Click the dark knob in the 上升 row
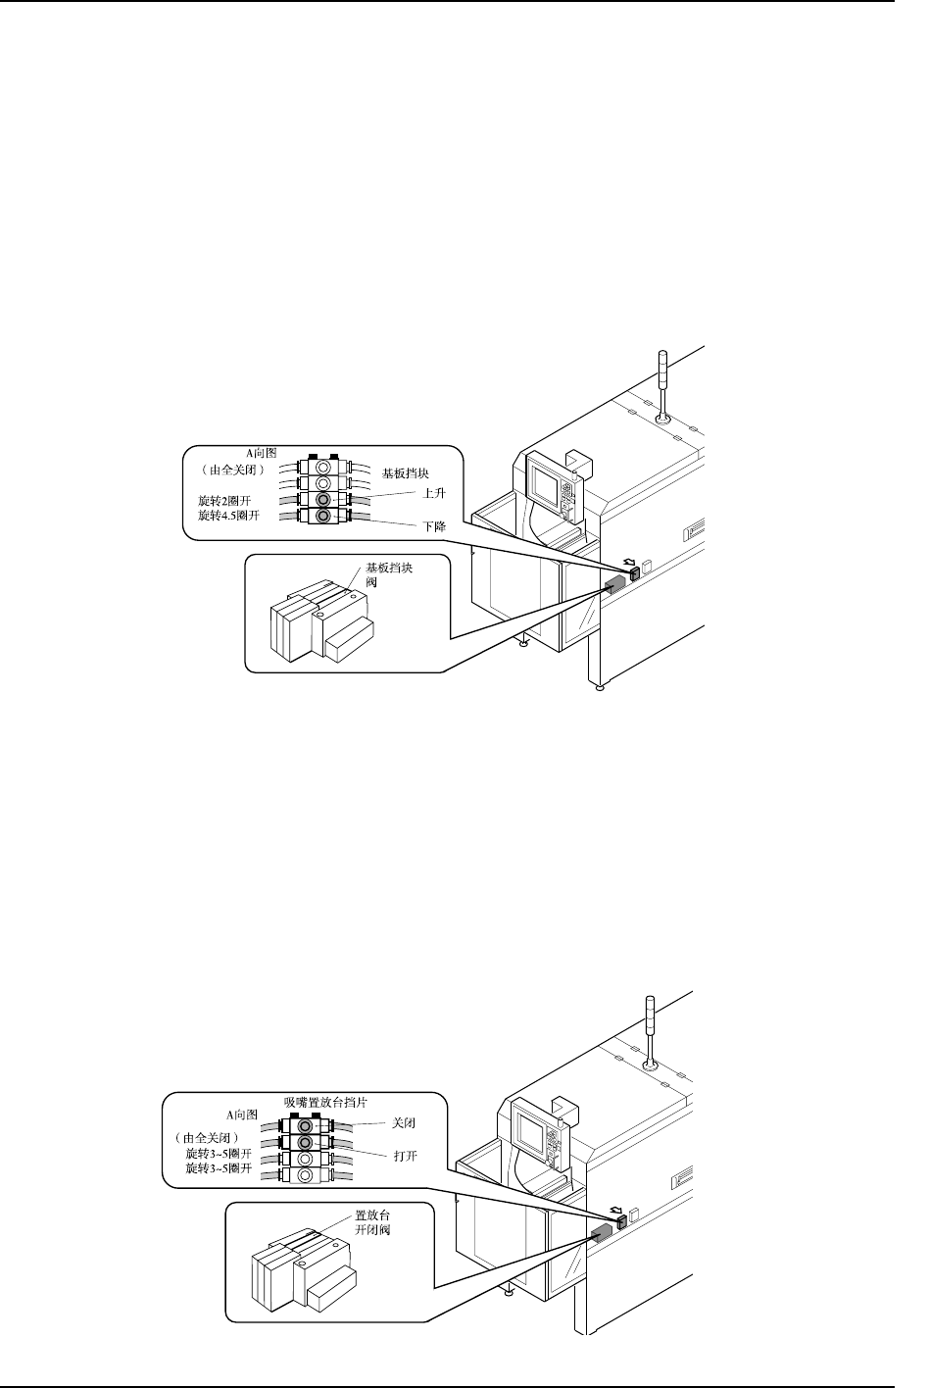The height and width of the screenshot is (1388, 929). pyautogui.click(x=324, y=499)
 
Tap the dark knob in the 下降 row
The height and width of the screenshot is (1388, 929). pyautogui.click(x=324, y=516)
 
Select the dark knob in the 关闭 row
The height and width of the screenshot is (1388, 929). pyautogui.click(x=305, y=1126)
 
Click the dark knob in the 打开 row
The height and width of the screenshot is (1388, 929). pyautogui.click(x=305, y=1143)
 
